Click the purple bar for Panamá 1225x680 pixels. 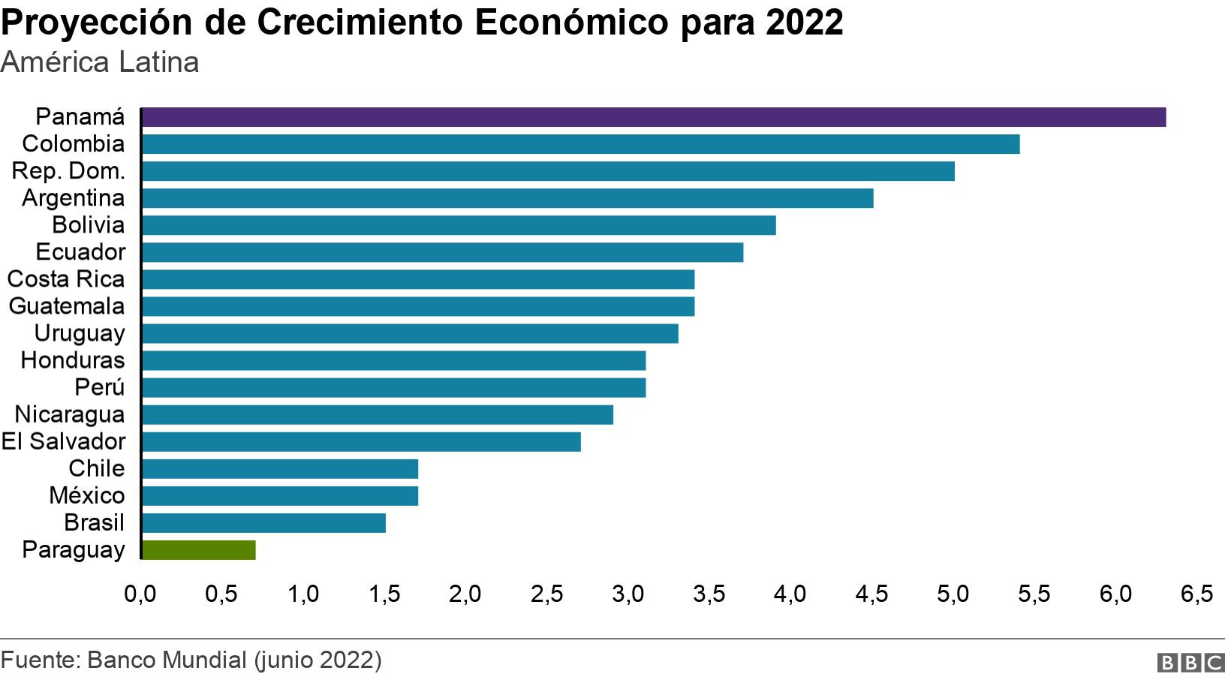point(653,117)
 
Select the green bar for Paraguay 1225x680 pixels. point(199,550)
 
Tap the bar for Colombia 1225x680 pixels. point(580,144)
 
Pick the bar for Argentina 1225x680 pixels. point(507,198)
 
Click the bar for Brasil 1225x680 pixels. point(263,523)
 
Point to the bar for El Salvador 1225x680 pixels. point(361,442)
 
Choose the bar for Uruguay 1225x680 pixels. point(410,333)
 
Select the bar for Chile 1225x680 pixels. point(280,469)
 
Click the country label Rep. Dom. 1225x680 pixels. point(68,171)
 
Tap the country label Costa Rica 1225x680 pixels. point(66,279)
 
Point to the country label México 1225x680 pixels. point(87,495)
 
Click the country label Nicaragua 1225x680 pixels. point(70,414)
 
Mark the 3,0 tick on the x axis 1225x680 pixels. point(628,594)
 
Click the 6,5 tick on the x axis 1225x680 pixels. point(1196,594)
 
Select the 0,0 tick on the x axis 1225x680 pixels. point(140,594)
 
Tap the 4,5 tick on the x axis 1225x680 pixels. point(871,594)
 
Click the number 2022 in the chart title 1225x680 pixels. point(805,23)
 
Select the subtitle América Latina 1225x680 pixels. point(100,62)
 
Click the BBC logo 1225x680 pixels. point(1191,662)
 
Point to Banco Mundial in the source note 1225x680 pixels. point(167,660)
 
